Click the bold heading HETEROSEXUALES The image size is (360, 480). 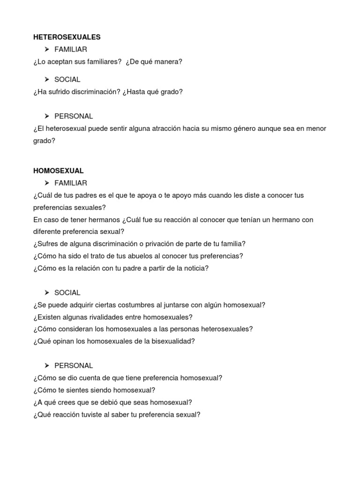tap(67, 37)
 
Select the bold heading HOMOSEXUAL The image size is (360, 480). tap(58, 171)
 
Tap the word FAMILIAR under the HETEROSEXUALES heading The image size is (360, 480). tap(70, 49)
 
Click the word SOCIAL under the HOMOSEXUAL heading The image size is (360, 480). tap(67, 293)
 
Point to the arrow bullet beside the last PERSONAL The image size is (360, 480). tap(47, 366)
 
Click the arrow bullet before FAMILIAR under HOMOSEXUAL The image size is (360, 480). tap(47, 183)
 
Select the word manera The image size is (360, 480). tap(168, 61)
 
